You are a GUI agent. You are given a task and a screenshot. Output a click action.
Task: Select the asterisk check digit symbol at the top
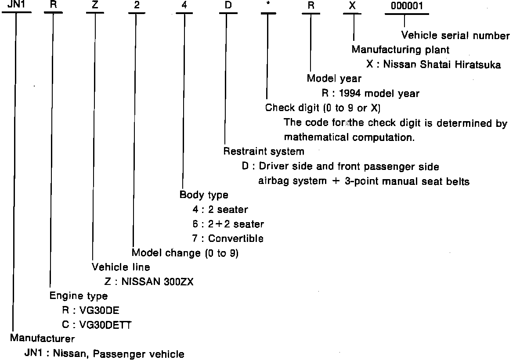[268, 7]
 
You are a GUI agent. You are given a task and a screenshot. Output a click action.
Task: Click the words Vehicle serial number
[455, 36]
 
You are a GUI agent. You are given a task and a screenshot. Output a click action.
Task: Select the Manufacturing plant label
[400, 50]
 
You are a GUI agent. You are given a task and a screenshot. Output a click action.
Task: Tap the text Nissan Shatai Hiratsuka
[442, 65]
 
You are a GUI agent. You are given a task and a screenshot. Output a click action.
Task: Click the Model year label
[334, 79]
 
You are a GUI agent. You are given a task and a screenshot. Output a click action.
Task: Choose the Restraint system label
[264, 151]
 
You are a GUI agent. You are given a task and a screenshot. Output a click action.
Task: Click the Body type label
[204, 194]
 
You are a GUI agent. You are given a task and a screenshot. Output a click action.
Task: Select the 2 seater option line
[228, 209]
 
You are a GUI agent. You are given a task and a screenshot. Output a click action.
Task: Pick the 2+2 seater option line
[236, 224]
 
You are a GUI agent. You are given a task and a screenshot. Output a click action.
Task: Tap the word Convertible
[236, 238]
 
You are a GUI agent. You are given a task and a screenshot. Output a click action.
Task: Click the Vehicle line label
[120, 267]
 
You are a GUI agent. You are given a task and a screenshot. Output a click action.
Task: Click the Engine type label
[78, 296]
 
